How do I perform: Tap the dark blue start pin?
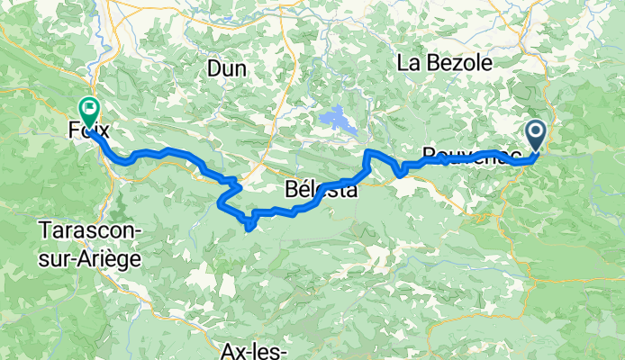click(x=535, y=136)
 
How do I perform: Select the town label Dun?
click(x=226, y=67)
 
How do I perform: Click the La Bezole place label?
click(x=445, y=63)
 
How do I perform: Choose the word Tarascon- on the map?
click(x=90, y=230)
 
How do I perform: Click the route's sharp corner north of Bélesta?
click(x=366, y=153)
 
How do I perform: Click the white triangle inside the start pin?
click(x=535, y=134)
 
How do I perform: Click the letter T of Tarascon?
click(x=44, y=230)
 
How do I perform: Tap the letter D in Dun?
click(x=213, y=67)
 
